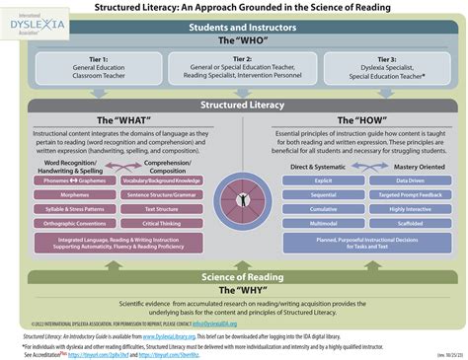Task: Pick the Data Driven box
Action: point(410,181)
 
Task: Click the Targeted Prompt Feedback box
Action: point(410,195)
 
